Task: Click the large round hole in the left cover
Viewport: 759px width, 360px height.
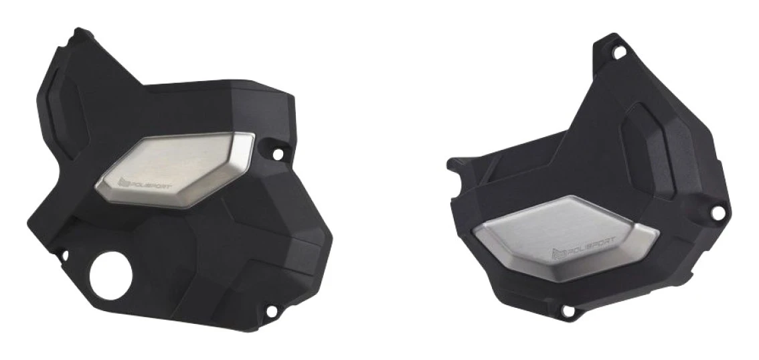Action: pyautogui.click(x=111, y=276)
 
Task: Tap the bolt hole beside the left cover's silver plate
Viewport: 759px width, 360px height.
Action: pyautogui.click(x=278, y=155)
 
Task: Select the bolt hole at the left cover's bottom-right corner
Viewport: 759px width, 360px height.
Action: pyautogui.click(x=272, y=311)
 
